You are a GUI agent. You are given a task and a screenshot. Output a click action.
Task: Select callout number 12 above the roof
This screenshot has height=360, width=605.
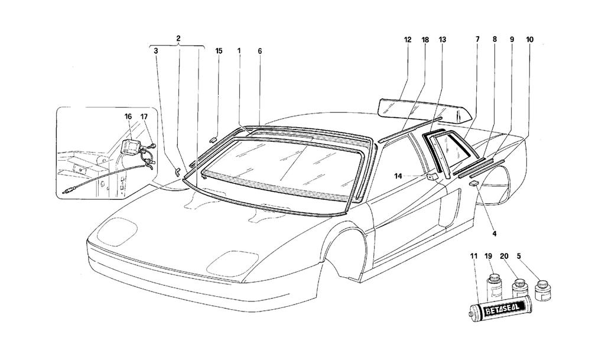408,40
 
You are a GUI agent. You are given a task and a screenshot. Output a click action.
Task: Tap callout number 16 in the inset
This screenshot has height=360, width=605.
128,116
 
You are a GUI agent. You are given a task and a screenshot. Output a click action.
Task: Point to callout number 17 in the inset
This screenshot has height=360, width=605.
144,116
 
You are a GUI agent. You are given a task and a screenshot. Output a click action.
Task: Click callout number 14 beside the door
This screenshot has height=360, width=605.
398,176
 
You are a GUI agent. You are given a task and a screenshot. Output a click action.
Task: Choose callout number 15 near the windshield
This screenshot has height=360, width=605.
219,51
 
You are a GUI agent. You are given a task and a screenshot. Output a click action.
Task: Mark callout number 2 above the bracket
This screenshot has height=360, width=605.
178,38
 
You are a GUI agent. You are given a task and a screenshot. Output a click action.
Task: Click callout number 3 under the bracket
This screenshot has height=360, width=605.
155,51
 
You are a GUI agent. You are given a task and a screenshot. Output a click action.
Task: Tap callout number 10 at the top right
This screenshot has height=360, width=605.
529,40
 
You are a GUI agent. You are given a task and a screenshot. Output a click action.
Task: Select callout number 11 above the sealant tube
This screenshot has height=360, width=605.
474,256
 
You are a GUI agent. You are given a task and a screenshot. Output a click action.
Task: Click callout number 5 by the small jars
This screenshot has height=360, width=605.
519,255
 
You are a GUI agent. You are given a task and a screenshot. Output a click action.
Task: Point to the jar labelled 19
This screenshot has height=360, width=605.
494,287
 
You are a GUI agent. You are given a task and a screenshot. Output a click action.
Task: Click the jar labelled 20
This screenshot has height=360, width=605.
518,289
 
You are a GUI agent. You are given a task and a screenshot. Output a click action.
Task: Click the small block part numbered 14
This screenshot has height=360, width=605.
432,177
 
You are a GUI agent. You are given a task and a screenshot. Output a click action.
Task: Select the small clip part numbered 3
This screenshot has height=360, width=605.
177,171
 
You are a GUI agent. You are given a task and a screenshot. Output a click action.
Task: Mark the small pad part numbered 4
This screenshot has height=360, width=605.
474,184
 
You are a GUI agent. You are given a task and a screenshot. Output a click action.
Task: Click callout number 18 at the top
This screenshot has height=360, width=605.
425,40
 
